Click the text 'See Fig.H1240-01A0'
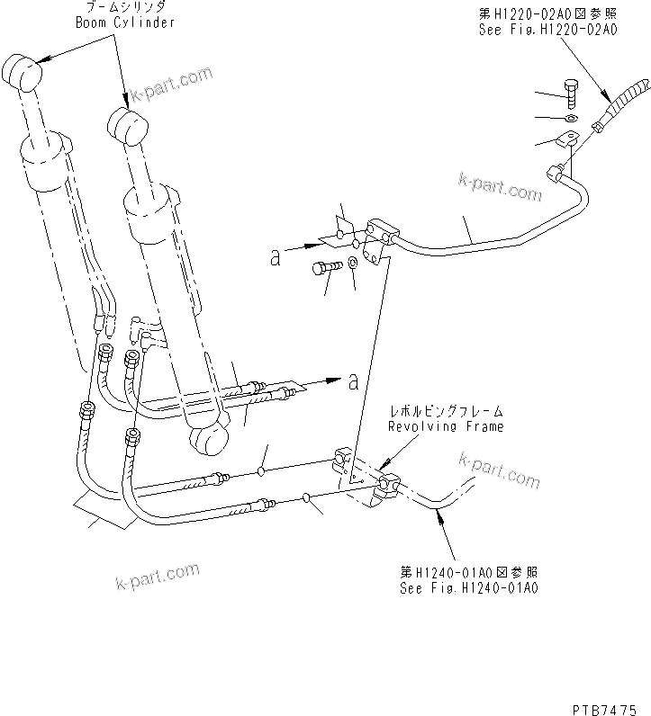pos(469,588)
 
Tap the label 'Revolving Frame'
pos(446,426)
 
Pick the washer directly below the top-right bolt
pos(572,118)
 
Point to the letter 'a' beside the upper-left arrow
pos(276,258)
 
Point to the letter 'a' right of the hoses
pos(353,381)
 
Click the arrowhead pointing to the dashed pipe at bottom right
pos(438,515)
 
